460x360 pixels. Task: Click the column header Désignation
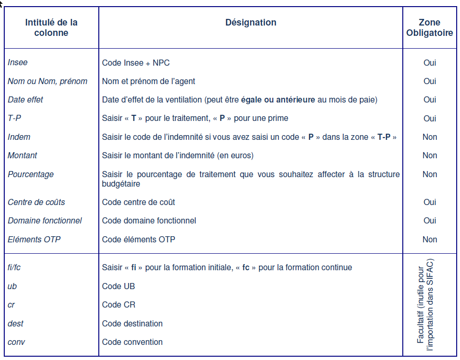tap(251, 23)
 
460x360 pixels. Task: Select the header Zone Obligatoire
tap(429, 27)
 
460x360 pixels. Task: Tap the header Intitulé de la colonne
tap(51, 27)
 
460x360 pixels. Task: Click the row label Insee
tap(18, 62)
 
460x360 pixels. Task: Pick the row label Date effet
tap(26, 100)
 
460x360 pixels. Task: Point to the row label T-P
tap(14, 118)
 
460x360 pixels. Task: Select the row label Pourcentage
tap(31, 174)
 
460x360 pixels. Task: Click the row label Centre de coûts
tap(36, 202)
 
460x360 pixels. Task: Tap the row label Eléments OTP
tap(34, 240)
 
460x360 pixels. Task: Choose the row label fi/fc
tap(14, 267)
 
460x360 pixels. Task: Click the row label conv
tap(16, 342)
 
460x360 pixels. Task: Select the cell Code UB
tap(119, 286)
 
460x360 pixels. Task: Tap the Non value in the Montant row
tap(430, 155)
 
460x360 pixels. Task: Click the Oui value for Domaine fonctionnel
tap(430, 221)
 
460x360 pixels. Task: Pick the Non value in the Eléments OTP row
tap(430, 240)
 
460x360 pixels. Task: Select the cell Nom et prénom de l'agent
tap(148, 81)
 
